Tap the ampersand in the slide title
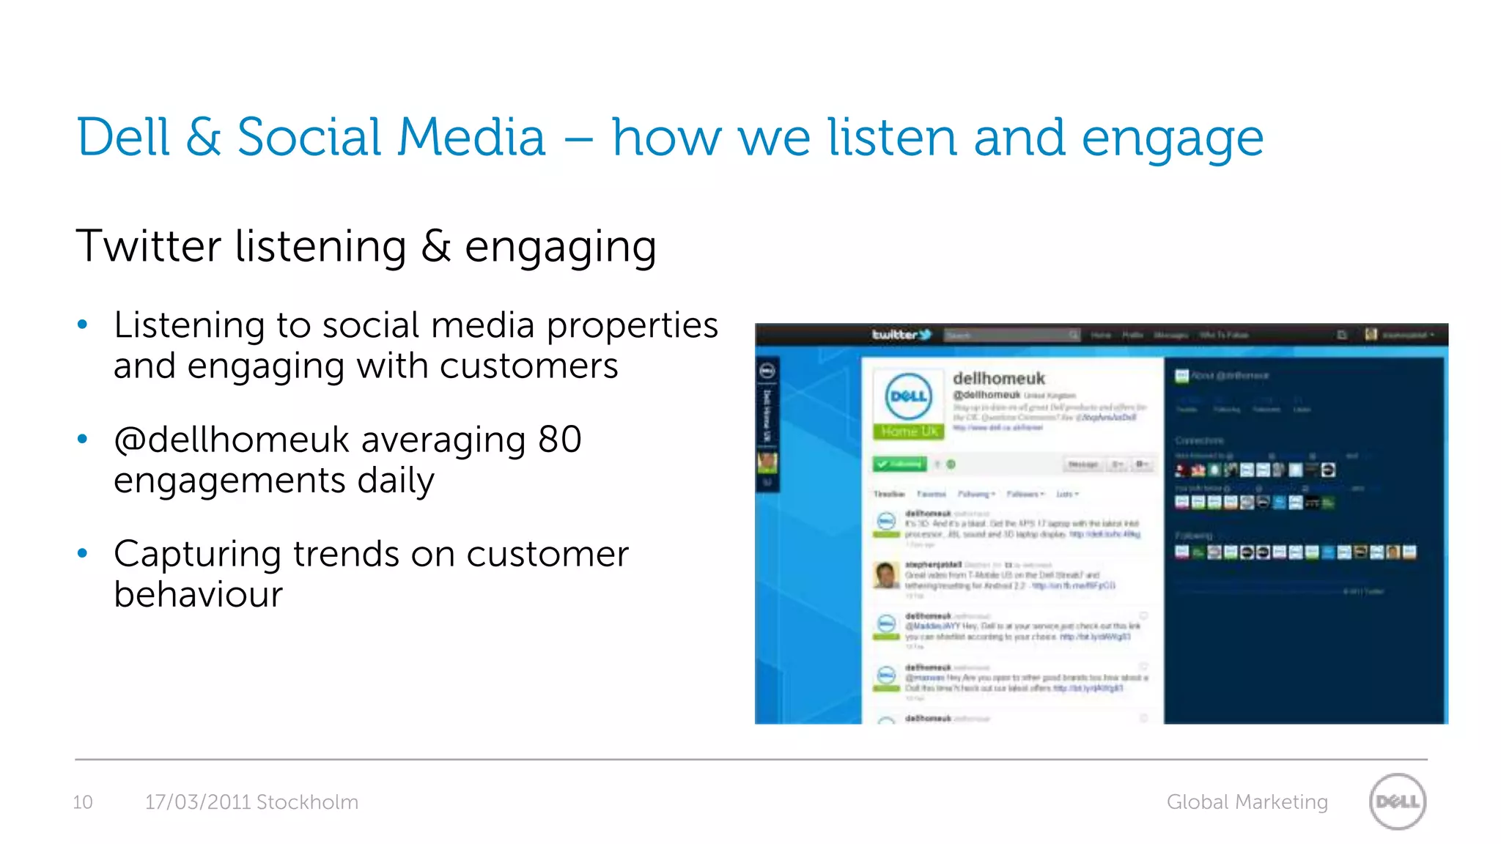click(203, 138)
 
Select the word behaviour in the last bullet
click(198, 594)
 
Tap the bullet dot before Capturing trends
click(83, 554)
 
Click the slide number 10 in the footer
click(83, 802)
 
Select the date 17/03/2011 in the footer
click(198, 802)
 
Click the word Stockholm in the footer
click(307, 802)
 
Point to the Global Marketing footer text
click(1247, 802)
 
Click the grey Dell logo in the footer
click(1397, 802)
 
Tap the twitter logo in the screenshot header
click(901, 335)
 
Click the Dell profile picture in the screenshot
click(908, 396)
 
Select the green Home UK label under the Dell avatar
click(908, 432)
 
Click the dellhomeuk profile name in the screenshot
click(998, 379)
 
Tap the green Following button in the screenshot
click(899, 464)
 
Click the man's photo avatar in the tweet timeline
click(886, 575)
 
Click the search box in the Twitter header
click(1010, 336)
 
